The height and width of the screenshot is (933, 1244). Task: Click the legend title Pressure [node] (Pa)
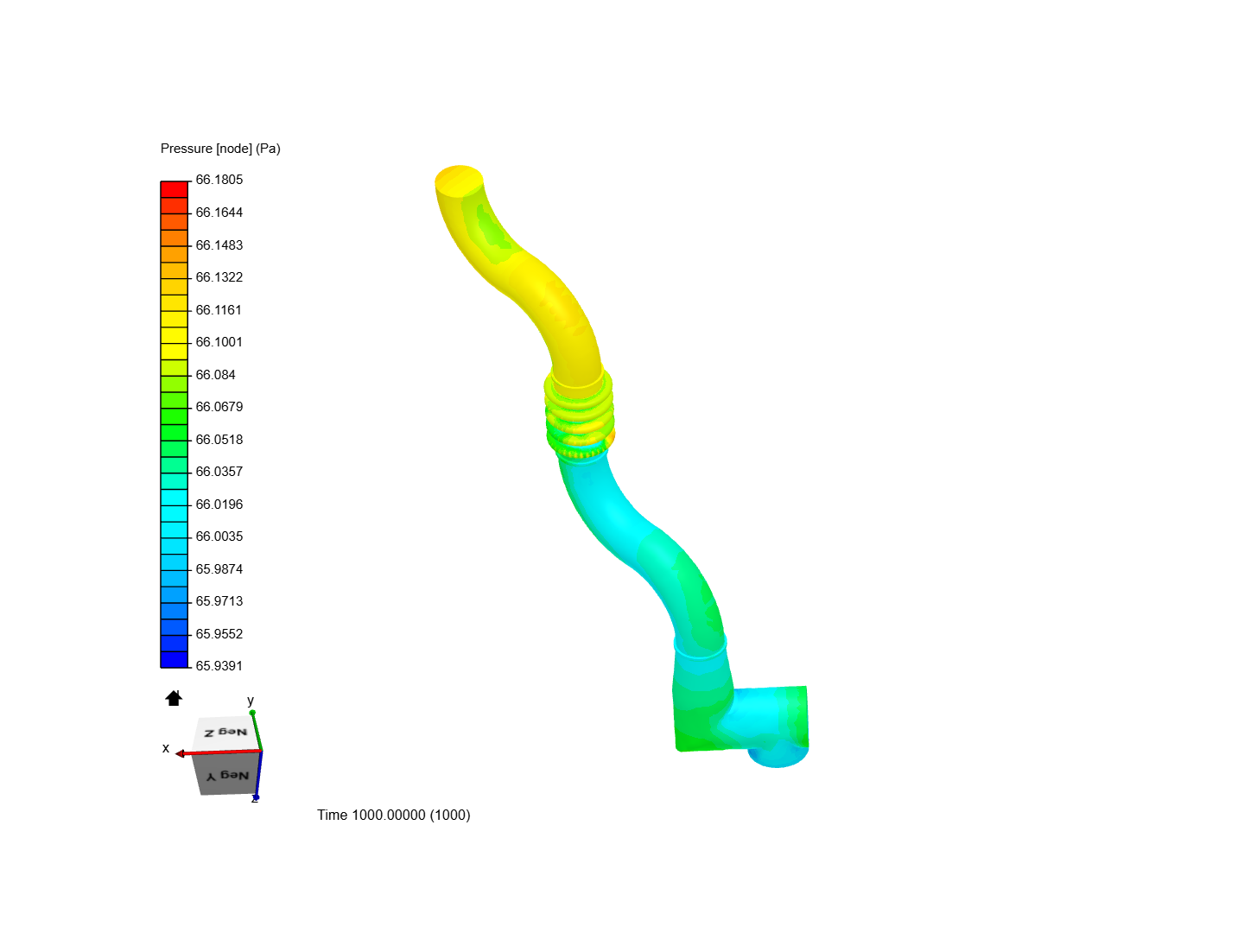220,149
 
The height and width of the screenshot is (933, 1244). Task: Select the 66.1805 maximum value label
219,180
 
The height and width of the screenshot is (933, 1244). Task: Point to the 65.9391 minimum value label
219,665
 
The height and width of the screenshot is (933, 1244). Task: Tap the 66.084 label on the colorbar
215,374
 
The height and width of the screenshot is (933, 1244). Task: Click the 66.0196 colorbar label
219,505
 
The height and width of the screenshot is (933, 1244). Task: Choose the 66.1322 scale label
219,277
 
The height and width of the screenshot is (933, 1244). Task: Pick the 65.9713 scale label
219,601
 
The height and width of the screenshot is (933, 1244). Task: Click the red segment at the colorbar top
174,189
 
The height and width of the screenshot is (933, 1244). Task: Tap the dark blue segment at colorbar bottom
174,659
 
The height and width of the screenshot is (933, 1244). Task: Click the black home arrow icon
174,698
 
